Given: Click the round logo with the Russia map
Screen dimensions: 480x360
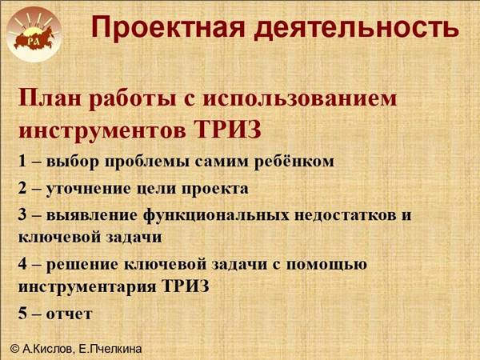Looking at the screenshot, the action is coord(34,34).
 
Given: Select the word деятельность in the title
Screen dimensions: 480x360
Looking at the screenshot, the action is coord(357,27).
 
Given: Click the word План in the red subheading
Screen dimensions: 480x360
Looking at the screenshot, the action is coord(51,98).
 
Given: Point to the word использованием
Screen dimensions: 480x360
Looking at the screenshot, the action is coord(300,99).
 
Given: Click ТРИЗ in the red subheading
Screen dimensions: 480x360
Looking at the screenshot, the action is coord(228,129).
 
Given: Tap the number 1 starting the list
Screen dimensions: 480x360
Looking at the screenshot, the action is coord(22,161).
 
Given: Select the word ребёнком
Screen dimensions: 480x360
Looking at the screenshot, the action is coord(294,161).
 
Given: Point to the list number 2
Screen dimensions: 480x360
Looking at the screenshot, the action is coord(22,188).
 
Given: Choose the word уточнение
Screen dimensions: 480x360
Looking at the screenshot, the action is coord(89,189).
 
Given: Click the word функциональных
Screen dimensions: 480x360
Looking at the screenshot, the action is coord(216,215).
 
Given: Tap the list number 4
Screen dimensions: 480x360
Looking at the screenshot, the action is coord(22,264).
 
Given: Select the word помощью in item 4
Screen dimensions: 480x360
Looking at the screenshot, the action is coord(326,265).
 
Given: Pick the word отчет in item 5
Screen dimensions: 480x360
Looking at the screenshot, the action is coord(69,314).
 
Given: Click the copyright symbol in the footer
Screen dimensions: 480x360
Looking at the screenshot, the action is coord(15,348).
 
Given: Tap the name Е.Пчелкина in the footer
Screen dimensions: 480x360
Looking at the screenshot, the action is coord(110,349).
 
